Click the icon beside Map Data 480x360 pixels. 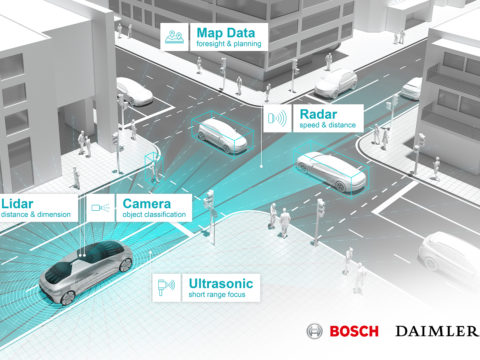click(x=175, y=37)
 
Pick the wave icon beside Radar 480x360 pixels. click(x=277, y=119)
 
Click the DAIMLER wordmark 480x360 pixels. click(x=438, y=332)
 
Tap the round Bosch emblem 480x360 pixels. click(x=316, y=332)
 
